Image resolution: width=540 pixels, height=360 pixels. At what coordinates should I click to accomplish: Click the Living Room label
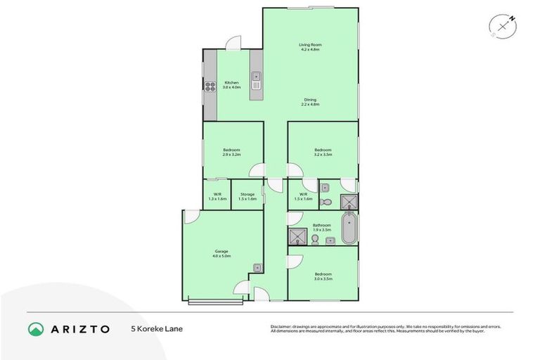coord(309,47)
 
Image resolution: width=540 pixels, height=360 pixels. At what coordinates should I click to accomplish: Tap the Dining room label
coord(310,102)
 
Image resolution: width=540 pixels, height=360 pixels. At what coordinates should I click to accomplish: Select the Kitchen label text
coord(231,84)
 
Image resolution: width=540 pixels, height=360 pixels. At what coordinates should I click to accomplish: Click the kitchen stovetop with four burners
coord(210,86)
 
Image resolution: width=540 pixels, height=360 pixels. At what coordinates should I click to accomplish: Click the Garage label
coord(221,254)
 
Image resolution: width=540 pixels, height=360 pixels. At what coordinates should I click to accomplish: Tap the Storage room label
coord(247,196)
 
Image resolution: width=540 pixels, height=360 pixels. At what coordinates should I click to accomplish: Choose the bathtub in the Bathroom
coord(349,230)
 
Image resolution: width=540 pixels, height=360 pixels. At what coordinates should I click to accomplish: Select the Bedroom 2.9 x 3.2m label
coord(232,151)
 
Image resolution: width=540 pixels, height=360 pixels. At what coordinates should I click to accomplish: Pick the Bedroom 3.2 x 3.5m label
coord(323,151)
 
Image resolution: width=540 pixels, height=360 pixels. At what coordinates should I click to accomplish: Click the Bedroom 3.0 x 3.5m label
coord(323,276)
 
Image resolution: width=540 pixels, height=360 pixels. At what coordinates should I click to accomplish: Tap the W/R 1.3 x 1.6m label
coord(217,196)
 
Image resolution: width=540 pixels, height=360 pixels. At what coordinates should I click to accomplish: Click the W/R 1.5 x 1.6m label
coord(303,196)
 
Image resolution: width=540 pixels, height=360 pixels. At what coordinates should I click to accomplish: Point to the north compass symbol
coord(503,26)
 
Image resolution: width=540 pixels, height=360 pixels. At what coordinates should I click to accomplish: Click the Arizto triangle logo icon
coord(36,328)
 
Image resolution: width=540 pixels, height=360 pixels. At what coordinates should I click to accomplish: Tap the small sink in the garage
coord(258,267)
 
